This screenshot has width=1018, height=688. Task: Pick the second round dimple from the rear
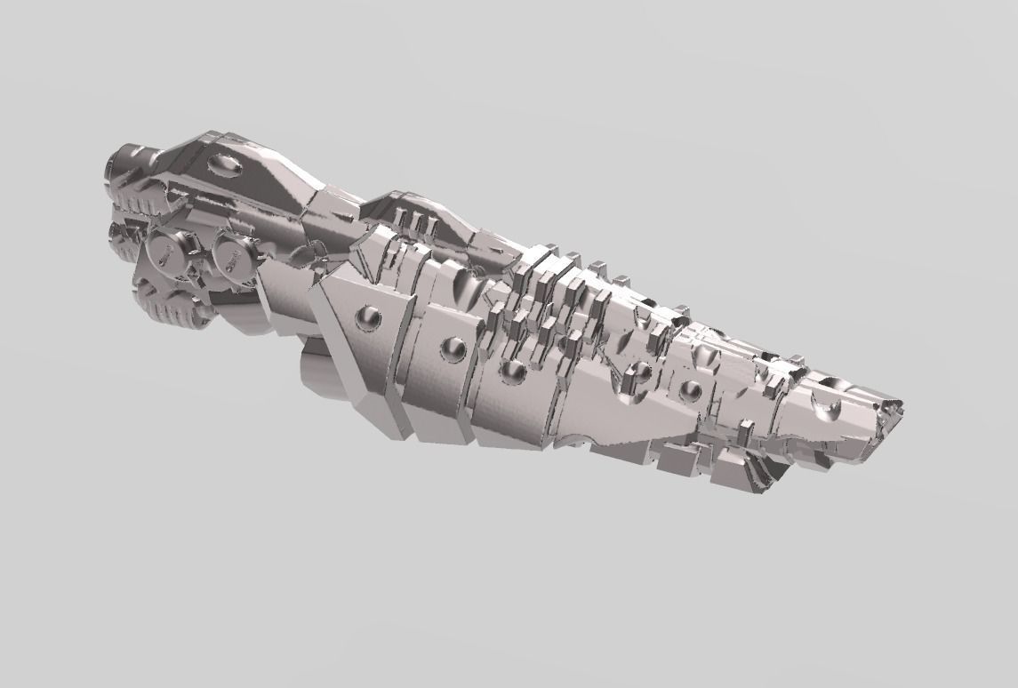453,348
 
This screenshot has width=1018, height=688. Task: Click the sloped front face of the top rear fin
285,182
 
